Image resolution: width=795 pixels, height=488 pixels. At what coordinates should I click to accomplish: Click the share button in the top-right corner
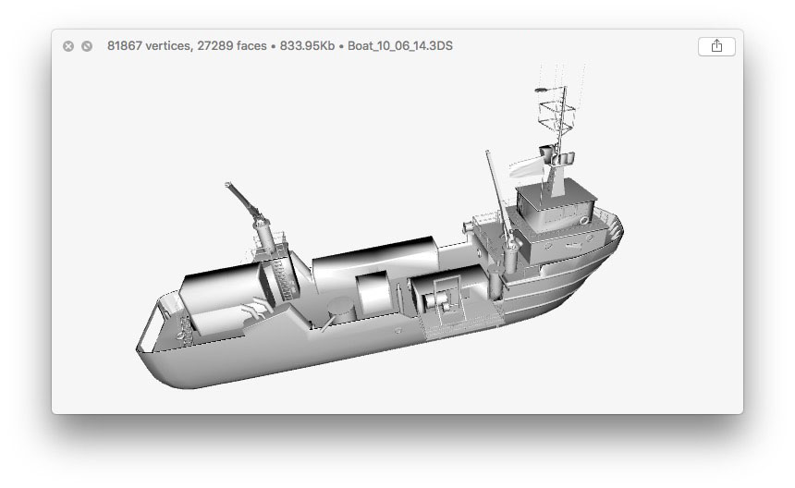716,46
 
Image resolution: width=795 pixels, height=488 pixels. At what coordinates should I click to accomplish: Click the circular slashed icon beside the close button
87,46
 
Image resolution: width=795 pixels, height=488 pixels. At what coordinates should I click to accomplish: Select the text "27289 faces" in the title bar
232,45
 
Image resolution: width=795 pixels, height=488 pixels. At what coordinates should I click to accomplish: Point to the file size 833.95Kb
307,45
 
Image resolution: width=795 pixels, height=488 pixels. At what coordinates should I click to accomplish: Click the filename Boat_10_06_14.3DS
400,45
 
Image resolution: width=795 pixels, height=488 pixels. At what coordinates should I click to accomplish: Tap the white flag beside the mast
527,166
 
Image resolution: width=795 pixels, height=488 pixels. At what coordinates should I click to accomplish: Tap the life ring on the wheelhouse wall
584,221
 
